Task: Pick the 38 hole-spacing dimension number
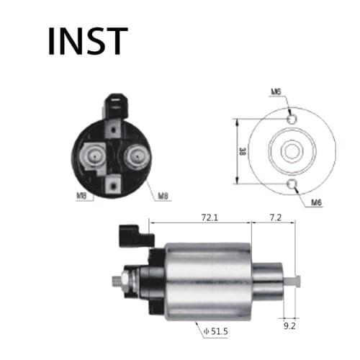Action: tap(243, 152)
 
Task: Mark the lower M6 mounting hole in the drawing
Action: tap(291, 186)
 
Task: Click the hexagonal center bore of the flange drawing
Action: tap(291, 152)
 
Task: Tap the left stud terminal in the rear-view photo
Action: tap(93, 157)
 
